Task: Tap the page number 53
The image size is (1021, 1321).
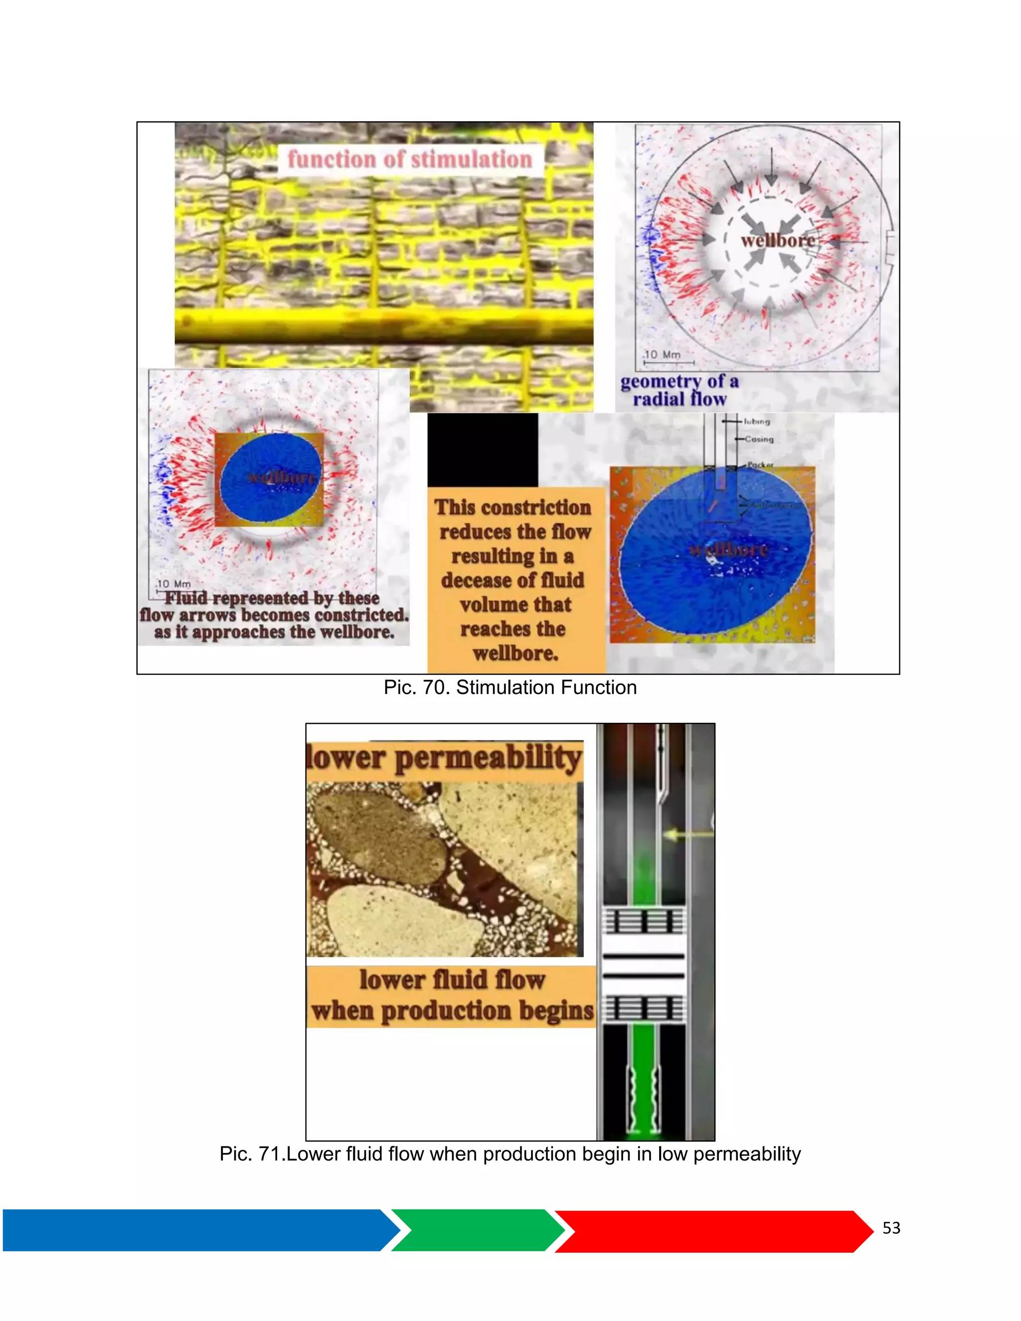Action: [891, 1228]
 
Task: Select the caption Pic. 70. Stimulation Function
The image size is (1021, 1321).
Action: [510, 688]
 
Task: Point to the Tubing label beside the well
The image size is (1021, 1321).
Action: [757, 422]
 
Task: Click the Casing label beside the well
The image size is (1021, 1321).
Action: [759, 439]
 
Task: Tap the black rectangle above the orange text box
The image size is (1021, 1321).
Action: [482, 450]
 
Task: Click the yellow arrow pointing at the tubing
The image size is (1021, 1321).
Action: [687, 834]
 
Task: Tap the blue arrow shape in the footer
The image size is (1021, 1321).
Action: [193, 1230]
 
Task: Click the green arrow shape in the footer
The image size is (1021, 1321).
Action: [475, 1230]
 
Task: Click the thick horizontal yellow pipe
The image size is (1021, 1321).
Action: [383, 325]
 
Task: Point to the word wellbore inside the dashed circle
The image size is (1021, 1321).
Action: [777, 241]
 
